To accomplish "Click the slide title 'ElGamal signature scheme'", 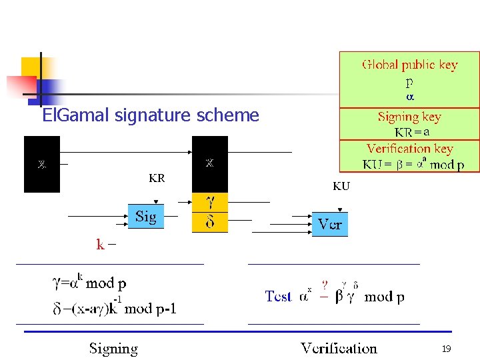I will (x=150, y=115).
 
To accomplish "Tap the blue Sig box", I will (x=145, y=217).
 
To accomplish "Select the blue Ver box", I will (x=329, y=224).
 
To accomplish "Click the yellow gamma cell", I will (x=210, y=202).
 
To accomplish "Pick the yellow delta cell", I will (x=210, y=222).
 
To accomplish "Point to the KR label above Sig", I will (x=157, y=178).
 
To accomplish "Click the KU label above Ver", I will (x=341, y=187).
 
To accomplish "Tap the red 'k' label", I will (x=100, y=245).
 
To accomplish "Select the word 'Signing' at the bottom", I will (x=114, y=348).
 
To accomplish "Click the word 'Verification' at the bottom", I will (x=339, y=348).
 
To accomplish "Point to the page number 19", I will (x=446, y=349).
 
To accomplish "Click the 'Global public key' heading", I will (x=409, y=65).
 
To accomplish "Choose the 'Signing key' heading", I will (x=409, y=117).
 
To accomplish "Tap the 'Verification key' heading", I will (x=409, y=149).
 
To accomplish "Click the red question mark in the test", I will (x=325, y=285).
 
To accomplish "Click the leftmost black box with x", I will (x=42, y=164).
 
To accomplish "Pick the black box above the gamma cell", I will (x=210, y=164).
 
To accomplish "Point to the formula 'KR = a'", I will (x=411, y=132).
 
